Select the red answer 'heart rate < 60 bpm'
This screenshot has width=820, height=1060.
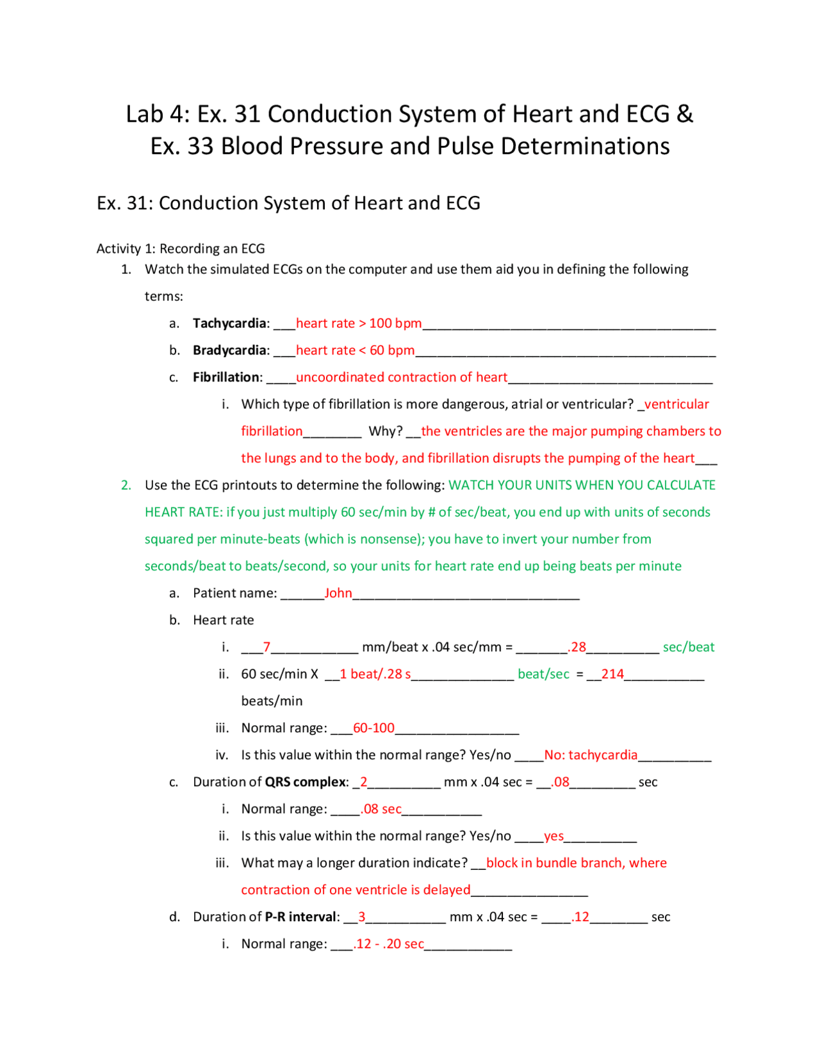pyautogui.click(x=355, y=350)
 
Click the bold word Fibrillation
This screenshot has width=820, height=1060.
pyautogui.click(x=227, y=377)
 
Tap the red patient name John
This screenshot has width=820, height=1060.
pyautogui.click(x=338, y=593)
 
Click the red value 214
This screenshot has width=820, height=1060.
pyautogui.click(x=612, y=674)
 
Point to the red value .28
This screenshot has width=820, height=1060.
pyautogui.click(x=577, y=647)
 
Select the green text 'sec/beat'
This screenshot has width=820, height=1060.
pyautogui.click(x=689, y=647)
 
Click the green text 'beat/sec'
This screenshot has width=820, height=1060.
pyautogui.click(x=543, y=674)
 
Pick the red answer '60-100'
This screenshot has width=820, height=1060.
pyautogui.click(x=373, y=728)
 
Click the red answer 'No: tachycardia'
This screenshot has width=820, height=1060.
pyautogui.click(x=591, y=755)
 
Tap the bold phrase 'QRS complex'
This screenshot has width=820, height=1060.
pyautogui.click(x=306, y=782)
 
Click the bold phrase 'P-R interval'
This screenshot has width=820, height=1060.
pyautogui.click(x=301, y=917)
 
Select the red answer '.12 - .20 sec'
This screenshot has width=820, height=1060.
pyautogui.click(x=388, y=944)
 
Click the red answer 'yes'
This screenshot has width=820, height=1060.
pyautogui.click(x=553, y=836)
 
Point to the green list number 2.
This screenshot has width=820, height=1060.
pyautogui.click(x=126, y=485)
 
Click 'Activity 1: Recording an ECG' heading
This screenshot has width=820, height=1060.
pyautogui.click(x=181, y=248)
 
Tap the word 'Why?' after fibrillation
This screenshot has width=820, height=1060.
pyautogui.click(x=385, y=431)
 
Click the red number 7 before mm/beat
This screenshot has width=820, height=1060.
pyautogui.click(x=266, y=647)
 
